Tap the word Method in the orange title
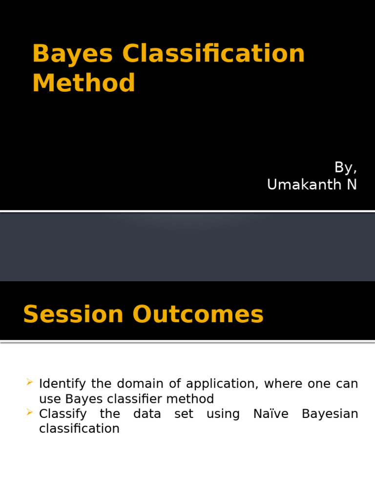(x=83, y=83)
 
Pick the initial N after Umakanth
(x=352, y=185)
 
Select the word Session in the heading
(x=73, y=314)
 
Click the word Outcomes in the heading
(x=198, y=314)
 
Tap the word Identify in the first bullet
(x=62, y=384)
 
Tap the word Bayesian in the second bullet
(x=330, y=414)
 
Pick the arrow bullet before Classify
(x=30, y=414)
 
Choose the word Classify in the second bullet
(x=63, y=415)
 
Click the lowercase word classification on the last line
(x=79, y=429)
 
